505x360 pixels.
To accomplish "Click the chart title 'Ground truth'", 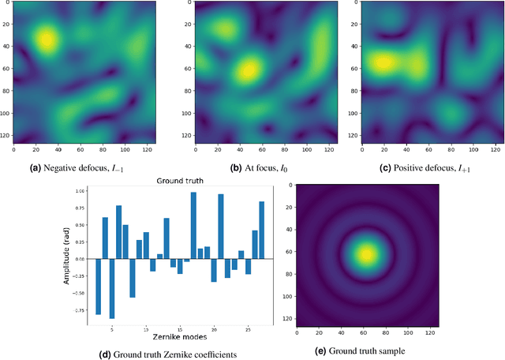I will pyautogui.click(x=181, y=180).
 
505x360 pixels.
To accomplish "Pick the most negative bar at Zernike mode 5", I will pyautogui.click(x=112, y=288).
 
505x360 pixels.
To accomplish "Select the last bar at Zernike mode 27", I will pyautogui.click(x=261, y=230).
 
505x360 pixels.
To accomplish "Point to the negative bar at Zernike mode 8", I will pyautogui.click(x=133, y=278).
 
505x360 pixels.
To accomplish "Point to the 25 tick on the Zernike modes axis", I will pyautogui.click(x=247, y=328).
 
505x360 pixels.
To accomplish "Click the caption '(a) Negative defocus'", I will pyautogui.click(x=86, y=167).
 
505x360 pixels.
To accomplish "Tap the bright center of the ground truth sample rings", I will pyautogui.click(x=366, y=254).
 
